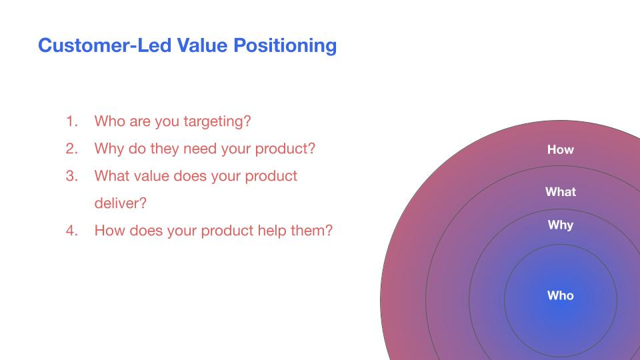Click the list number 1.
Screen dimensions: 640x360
(x=71, y=121)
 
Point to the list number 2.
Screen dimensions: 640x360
(x=71, y=149)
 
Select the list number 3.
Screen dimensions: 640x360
(x=71, y=176)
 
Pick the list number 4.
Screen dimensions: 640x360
(x=71, y=231)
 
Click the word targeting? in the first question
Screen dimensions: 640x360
(x=217, y=122)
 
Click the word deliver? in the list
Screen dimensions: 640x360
(x=121, y=203)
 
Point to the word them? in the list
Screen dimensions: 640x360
(x=311, y=231)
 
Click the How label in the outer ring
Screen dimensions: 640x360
(x=561, y=150)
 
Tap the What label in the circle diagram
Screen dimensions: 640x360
(x=561, y=192)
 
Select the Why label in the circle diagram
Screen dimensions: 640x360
(x=561, y=225)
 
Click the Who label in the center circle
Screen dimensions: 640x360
(x=561, y=295)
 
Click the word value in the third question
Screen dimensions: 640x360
(x=154, y=176)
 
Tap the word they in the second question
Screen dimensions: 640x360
(x=165, y=149)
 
